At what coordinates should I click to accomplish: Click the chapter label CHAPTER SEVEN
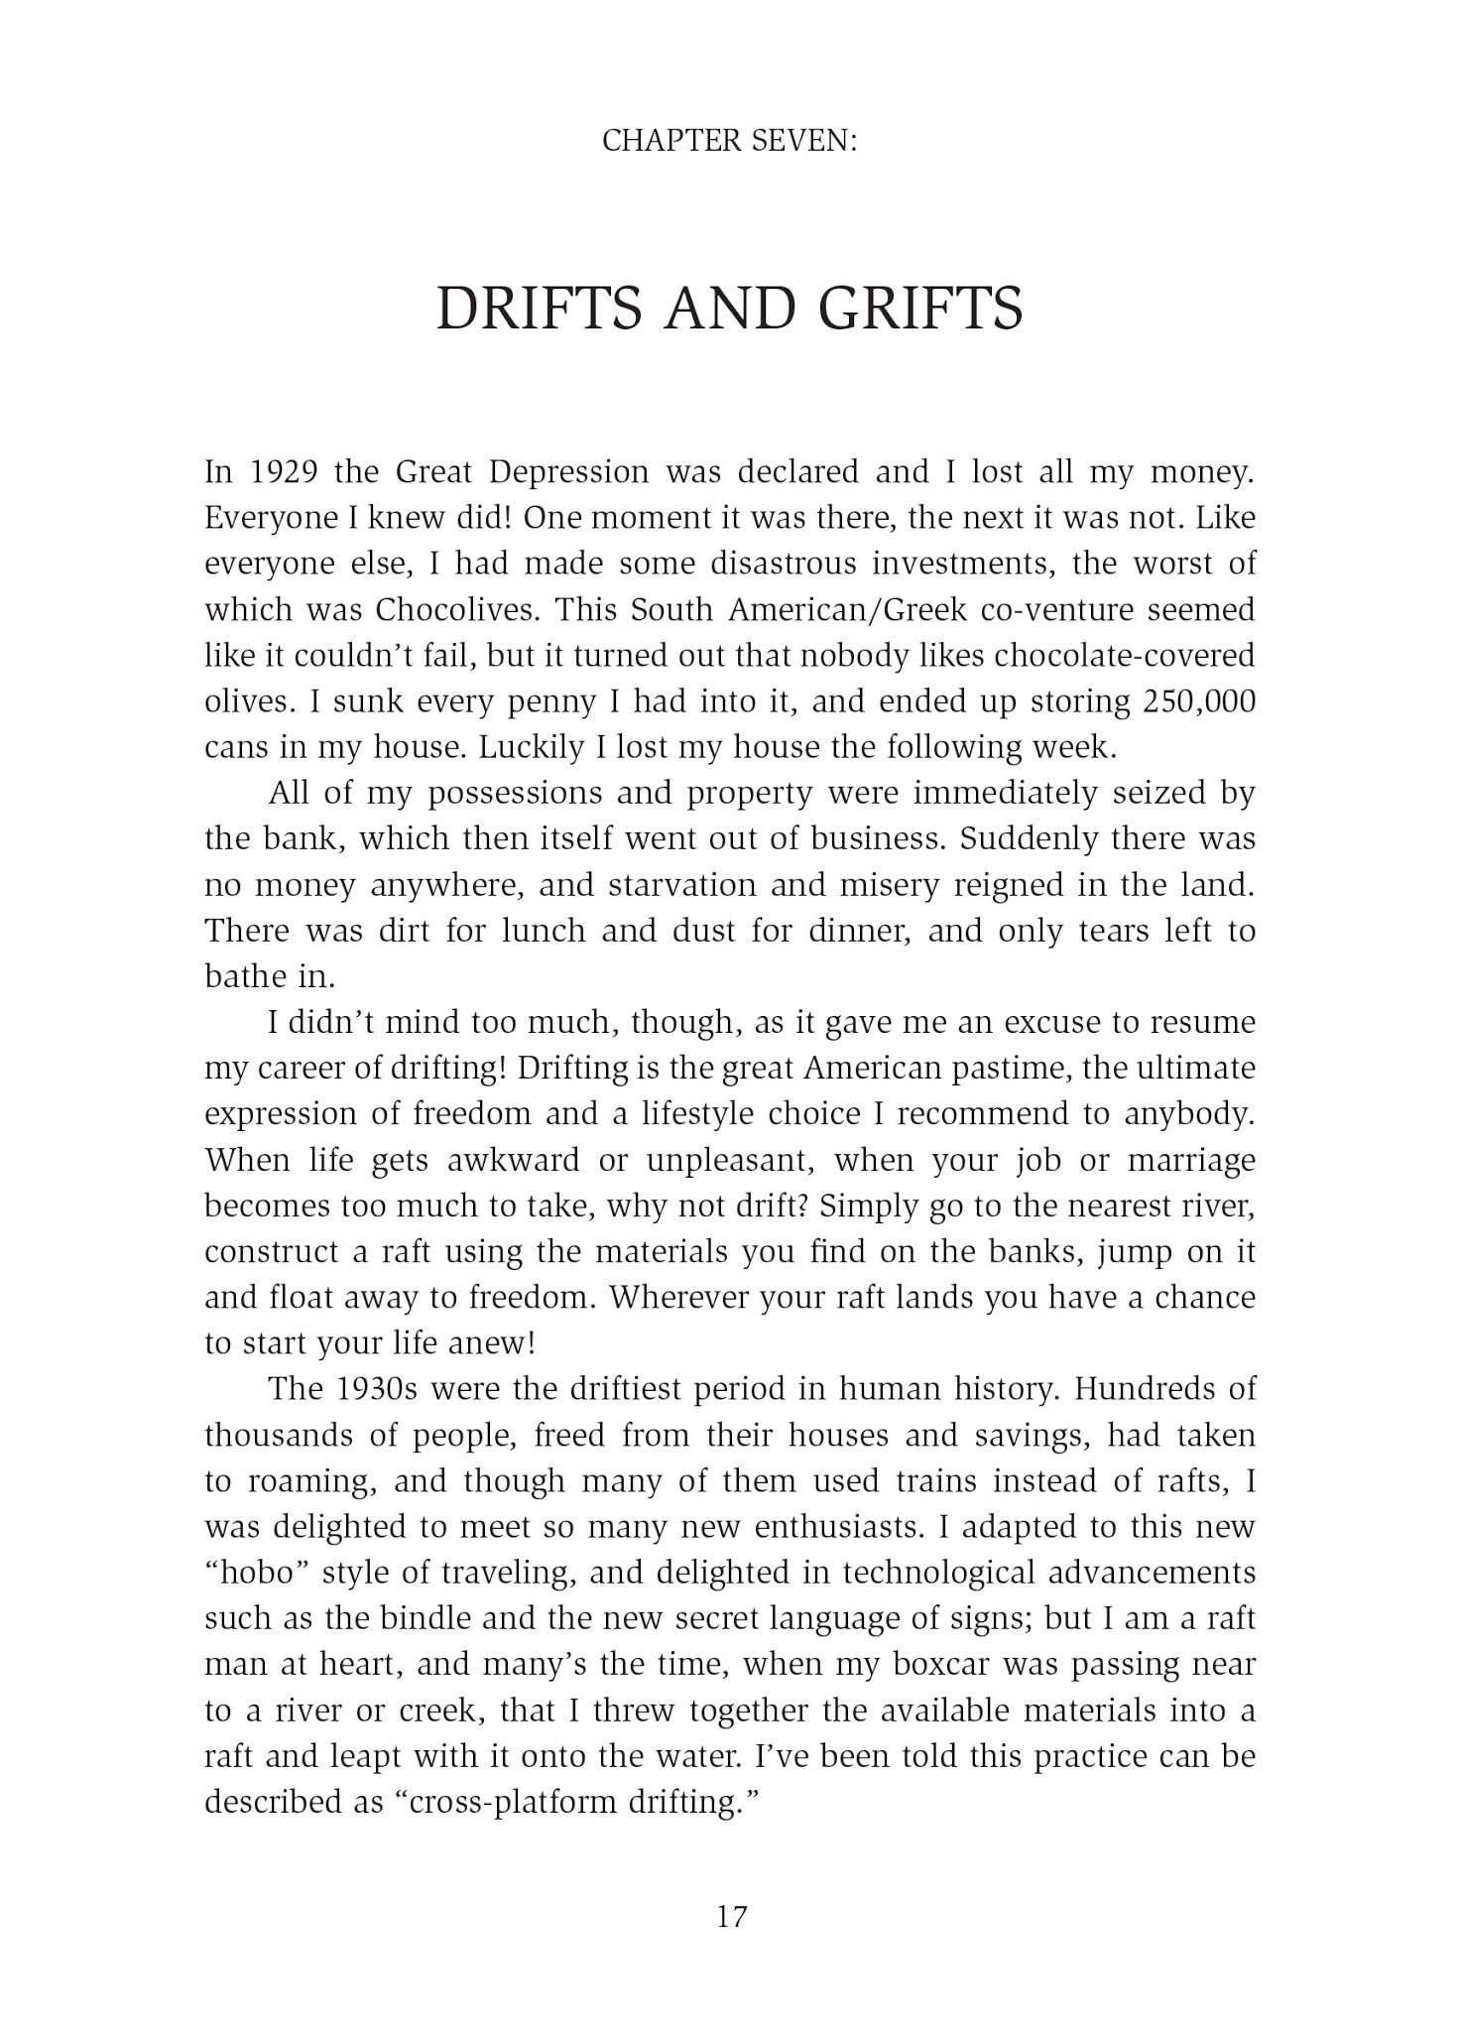coord(729,142)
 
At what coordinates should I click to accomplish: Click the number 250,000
coord(1198,701)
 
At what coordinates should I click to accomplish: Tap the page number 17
coord(730,1916)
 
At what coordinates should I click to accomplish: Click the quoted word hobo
coord(260,1574)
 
